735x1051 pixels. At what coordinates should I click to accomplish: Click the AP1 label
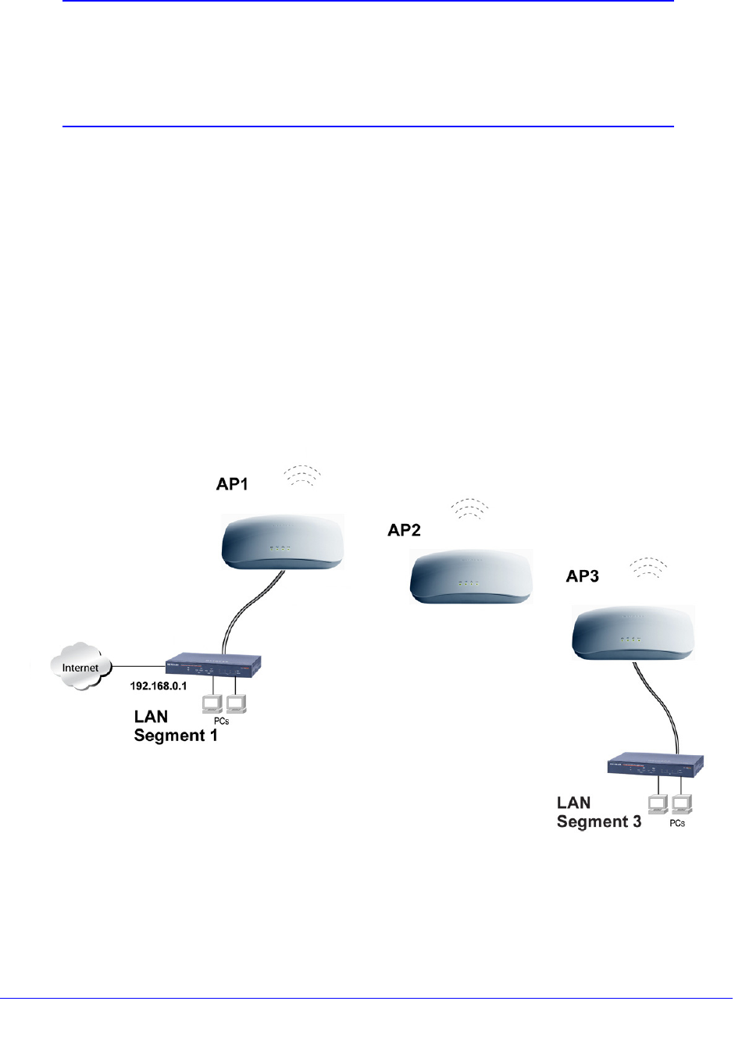(232, 484)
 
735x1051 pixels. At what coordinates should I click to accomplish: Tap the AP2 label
(404, 530)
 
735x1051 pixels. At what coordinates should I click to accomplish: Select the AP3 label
(582, 576)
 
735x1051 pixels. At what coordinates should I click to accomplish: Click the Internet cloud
(80, 667)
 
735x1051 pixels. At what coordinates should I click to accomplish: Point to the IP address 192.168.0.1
(158, 686)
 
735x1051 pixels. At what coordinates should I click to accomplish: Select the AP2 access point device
(471, 576)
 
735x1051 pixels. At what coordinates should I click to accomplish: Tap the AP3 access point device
(633, 632)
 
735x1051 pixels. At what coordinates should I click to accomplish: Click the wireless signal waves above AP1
(302, 476)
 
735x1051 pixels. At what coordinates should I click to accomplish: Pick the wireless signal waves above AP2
(469, 508)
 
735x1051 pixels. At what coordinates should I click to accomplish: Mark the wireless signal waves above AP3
(648, 567)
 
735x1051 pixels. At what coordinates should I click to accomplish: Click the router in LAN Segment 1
(213, 665)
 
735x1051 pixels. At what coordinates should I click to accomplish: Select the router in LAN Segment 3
(656, 764)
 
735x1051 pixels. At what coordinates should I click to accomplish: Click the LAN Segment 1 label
(175, 726)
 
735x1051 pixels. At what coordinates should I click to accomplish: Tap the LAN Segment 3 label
(598, 812)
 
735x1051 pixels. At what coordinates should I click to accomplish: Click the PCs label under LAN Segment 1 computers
(221, 721)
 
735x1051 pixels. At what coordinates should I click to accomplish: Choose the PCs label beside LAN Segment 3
(676, 823)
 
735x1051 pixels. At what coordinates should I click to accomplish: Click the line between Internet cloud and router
(139, 666)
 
